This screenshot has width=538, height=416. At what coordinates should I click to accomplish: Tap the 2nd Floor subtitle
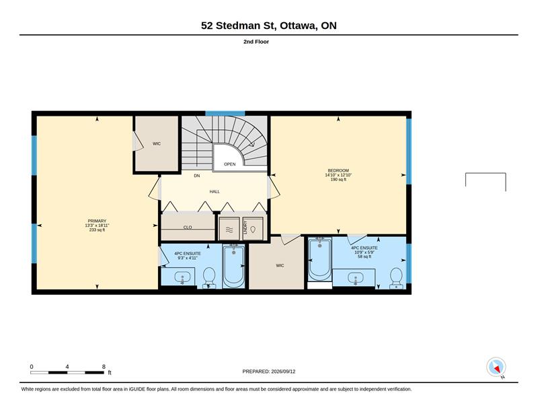tap(256, 42)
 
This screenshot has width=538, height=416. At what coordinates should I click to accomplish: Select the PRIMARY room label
tap(97, 221)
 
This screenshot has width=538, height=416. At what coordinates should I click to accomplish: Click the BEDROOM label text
tap(338, 170)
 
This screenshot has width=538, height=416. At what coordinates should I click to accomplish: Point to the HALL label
tap(215, 192)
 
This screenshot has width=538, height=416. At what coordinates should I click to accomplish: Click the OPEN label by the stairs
tap(230, 164)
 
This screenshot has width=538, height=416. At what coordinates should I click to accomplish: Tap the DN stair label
tap(197, 176)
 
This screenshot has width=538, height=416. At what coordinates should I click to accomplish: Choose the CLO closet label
tap(188, 228)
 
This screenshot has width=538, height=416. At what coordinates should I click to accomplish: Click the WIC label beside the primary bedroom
tap(157, 143)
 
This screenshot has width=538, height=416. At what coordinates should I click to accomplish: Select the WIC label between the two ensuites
tap(280, 265)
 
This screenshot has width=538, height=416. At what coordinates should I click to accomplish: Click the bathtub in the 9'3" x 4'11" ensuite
tap(233, 266)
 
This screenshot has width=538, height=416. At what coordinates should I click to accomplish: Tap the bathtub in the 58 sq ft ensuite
tap(320, 258)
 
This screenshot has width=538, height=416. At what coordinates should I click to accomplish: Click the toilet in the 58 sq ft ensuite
tap(396, 278)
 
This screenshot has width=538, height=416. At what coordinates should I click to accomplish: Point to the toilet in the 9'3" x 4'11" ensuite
tap(209, 277)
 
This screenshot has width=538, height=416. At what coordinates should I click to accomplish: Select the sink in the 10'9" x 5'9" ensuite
tap(355, 277)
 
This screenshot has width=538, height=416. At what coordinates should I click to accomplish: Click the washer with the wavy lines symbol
tap(229, 229)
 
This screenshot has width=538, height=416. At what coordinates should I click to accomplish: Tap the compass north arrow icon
tap(496, 368)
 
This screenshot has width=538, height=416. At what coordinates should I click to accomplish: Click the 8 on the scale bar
tap(104, 367)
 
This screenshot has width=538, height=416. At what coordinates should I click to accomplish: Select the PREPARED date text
tap(268, 372)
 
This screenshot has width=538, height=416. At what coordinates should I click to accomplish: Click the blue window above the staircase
tap(225, 113)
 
